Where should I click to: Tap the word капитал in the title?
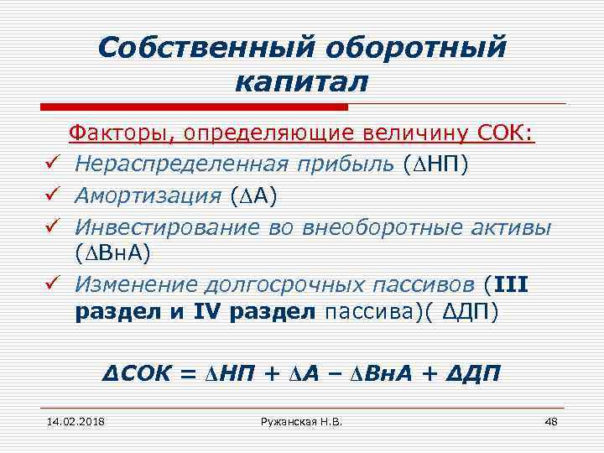pyautogui.click(x=301, y=84)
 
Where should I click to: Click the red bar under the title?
pyautogui.click(x=194, y=107)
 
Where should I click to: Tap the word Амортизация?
pyautogui.click(x=148, y=196)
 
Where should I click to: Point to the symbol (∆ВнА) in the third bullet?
pyautogui.click(x=113, y=253)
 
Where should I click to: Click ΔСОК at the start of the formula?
pyautogui.click(x=138, y=372)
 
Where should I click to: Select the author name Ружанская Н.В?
pyautogui.click(x=301, y=419)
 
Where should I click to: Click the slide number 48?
pyautogui.click(x=551, y=419)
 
